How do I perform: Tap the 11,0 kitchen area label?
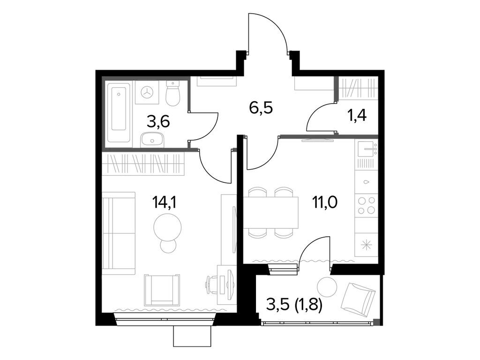pyautogui.click(x=325, y=202)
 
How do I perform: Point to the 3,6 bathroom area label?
pyautogui.click(x=158, y=122)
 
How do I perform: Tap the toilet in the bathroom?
pyautogui.click(x=172, y=94)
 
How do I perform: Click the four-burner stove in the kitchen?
pyautogui.click(x=366, y=205)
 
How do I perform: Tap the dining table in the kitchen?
pyautogui.click(x=271, y=212)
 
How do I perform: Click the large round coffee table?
pyautogui.click(x=167, y=226)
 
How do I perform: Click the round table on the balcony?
pyautogui.click(x=326, y=286)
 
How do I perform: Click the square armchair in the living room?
pyautogui.click(x=162, y=289)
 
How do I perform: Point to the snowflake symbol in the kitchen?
pyautogui.click(x=366, y=244)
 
